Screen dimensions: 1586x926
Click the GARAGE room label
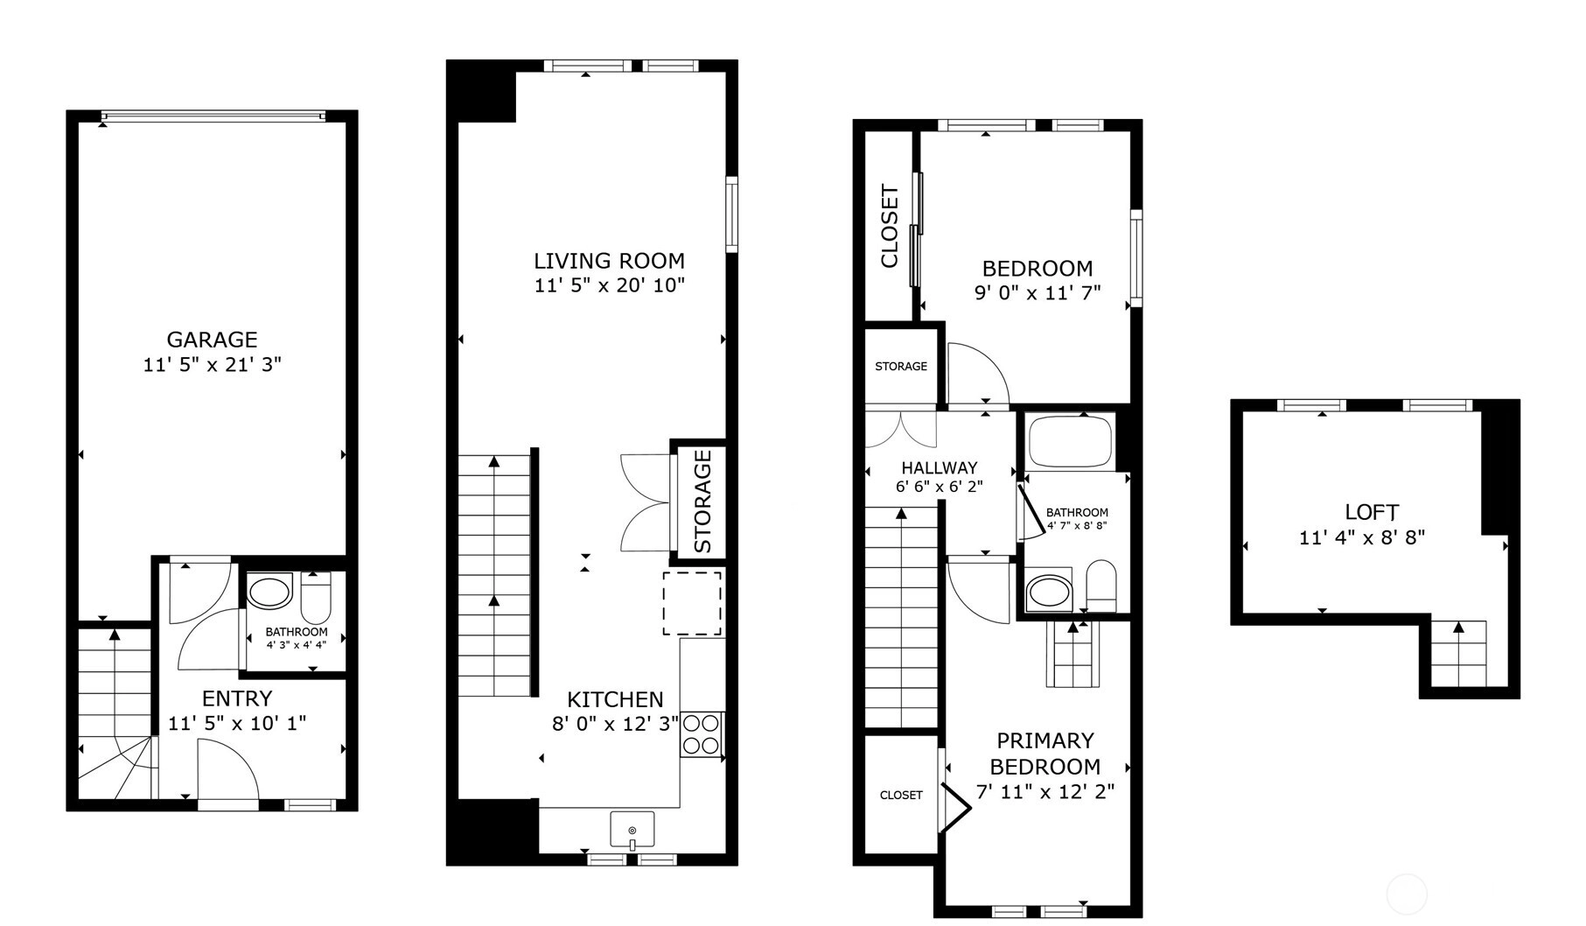pos(212,340)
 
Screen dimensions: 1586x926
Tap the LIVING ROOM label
pos(609,261)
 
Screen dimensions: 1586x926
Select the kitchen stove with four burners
pos(702,734)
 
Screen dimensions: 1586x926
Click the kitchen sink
pos(632,830)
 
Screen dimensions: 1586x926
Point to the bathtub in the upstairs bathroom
pos(1070,442)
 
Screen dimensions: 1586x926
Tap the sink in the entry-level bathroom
pos(269,593)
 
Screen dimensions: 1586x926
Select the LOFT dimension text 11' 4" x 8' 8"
pos(1362,537)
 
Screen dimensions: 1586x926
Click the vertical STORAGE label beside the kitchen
pos(702,502)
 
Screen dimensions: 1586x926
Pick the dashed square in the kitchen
pos(692,603)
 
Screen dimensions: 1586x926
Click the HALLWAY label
pos(940,468)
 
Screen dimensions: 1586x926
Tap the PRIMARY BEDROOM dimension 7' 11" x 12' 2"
pos(1045,793)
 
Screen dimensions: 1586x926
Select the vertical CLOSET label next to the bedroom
pos(890,226)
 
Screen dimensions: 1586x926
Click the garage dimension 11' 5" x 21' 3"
pos(212,364)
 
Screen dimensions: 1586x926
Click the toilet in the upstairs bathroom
pos(1100,586)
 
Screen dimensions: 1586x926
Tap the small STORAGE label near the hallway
pos(901,366)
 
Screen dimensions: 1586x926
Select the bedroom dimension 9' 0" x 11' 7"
pos(1038,293)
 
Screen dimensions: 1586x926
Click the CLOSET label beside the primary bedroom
pos(901,795)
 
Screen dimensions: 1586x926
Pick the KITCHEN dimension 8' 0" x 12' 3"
pos(615,724)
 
